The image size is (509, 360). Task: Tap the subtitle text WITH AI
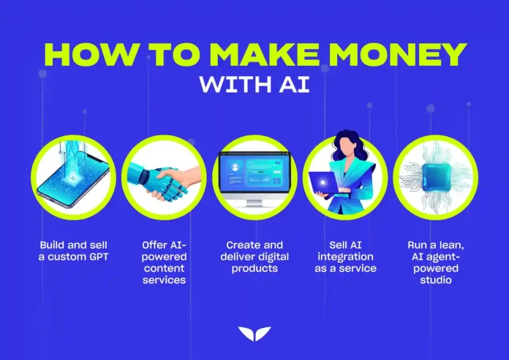tap(254, 86)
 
